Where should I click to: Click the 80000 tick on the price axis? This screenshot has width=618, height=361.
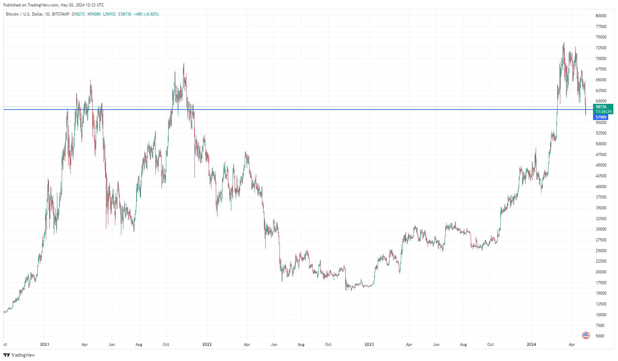(x=601, y=16)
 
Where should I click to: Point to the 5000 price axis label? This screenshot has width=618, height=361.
(x=600, y=336)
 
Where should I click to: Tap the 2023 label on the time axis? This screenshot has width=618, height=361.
(x=369, y=344)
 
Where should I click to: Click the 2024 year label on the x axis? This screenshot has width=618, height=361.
(x=531, y=344)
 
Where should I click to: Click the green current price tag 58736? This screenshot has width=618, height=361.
(x=601, y=107)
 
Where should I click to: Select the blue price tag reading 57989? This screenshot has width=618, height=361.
(x=601, y=117)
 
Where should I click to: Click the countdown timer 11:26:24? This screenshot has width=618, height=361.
(x=603, y=112)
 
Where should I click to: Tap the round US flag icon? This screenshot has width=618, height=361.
(x=586, y=335)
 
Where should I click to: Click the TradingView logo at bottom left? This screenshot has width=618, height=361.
(x=19, y=355)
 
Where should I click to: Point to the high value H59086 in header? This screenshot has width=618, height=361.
(x=94, y=14)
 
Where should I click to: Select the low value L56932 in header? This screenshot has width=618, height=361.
(x=109, y=14)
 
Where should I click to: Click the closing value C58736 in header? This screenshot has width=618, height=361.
(x=125, y=14)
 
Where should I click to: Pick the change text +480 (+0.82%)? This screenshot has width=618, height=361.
(x=146, y=14)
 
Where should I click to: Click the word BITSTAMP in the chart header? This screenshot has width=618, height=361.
(x=61, y=14)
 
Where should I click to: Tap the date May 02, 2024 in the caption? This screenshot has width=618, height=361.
(x=72, y=5)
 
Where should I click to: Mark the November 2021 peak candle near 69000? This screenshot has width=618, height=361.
(x=184, y=64)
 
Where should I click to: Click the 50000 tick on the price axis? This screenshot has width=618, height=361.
(x=601, y=144)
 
